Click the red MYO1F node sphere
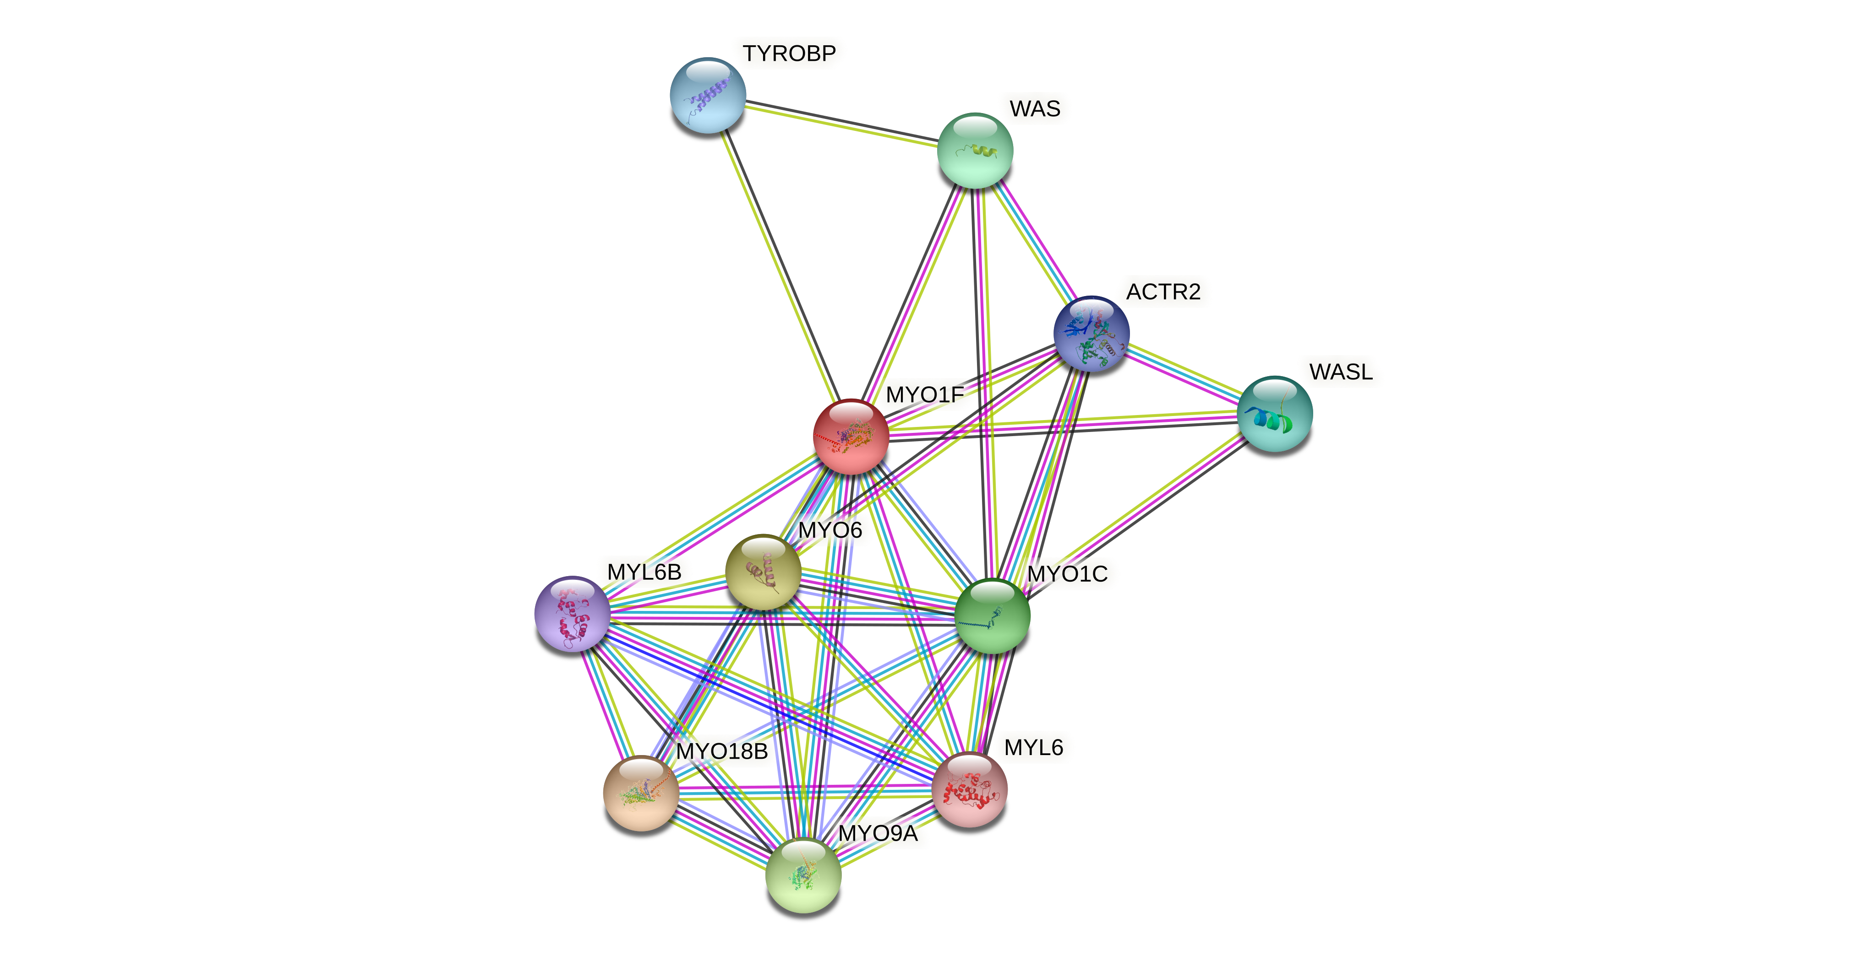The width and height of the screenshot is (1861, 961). coord(851,437)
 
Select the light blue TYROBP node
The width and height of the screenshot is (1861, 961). coord(708,95)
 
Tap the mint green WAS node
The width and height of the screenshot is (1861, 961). coord(975,150)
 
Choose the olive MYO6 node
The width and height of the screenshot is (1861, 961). coord(763,572)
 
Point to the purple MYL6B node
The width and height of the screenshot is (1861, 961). coord(572,614)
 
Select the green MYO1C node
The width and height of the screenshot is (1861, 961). coord(993,616)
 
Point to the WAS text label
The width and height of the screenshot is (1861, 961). coord(1035,109)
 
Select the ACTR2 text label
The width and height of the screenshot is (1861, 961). coord(1163,292)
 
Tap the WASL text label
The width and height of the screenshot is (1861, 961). coord(1341,372)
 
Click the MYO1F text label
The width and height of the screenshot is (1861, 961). coord(925,395)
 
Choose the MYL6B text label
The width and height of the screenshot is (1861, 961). coord(644,572)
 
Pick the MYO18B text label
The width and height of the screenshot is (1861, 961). coord(722,751)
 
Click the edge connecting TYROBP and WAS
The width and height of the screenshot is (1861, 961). coord(841,127)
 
